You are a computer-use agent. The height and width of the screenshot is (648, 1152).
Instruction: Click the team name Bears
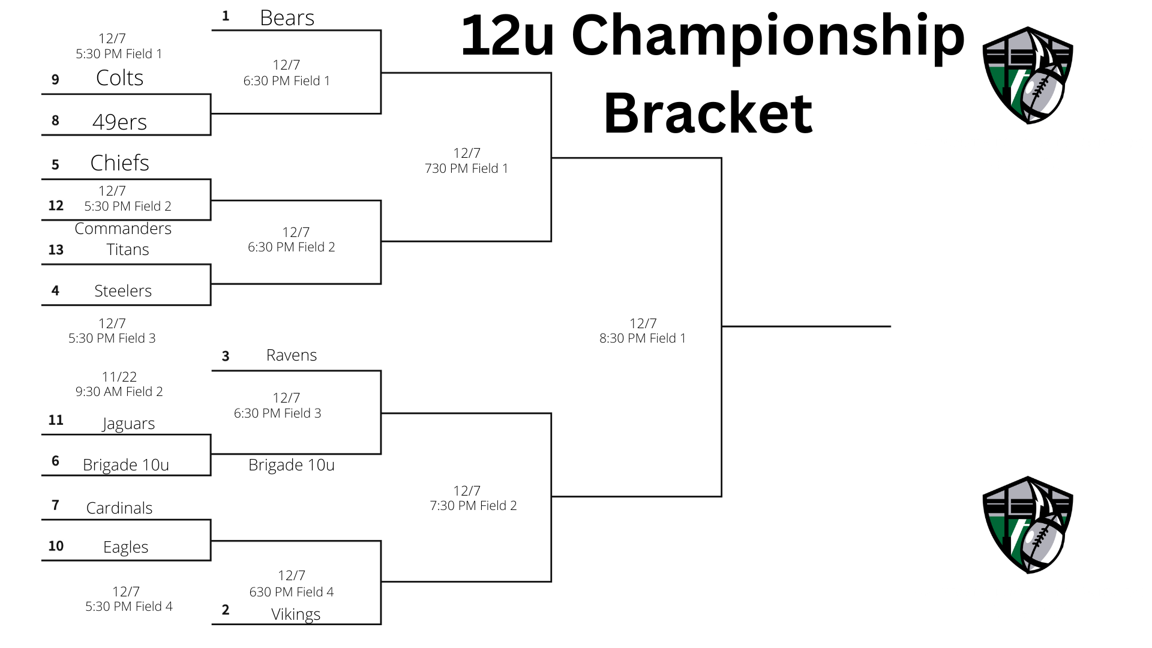click(x=287, y=18)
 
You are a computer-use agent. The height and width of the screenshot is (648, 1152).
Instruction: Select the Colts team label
click(x=119, y=78)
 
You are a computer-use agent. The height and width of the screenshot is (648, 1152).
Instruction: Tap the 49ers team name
click(x=119, y=122)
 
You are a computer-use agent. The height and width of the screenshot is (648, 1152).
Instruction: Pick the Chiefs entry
click(x=119, y=163)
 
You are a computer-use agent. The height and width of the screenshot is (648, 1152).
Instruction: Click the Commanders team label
click(x=123, y=229)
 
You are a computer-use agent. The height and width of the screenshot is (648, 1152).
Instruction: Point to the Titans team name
click(x=127, y=250)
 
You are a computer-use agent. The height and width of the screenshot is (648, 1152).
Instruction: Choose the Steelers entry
click(x=123, y=291)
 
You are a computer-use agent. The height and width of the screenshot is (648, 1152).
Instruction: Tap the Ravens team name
click(x=291, y=355)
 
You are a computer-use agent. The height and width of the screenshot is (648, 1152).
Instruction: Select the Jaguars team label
click(x=128, y=424)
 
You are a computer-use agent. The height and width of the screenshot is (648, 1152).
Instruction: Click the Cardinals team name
click(x=119, y=508)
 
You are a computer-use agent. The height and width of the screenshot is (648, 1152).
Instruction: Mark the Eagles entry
click(x=125, y=547)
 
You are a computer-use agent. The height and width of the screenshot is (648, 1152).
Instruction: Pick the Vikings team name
click(x=296, y=614)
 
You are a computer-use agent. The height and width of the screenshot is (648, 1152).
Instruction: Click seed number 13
click(x=56, y=250)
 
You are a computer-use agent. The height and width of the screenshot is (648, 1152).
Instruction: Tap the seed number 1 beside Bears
click(x=226, y=16)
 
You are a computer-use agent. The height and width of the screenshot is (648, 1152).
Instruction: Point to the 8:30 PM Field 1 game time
click(x=643, y=338)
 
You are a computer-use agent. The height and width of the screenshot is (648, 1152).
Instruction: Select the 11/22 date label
click(x=119, y=377)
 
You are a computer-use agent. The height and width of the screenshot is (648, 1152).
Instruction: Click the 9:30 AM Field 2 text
click(x=119, y=392)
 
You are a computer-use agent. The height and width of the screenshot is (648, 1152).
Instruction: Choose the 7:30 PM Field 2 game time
click(x=473, y=506)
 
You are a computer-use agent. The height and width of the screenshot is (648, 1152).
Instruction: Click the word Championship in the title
click(x=768, y=36)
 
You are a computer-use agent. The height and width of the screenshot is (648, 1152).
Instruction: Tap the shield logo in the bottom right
click(x=1027, y=525)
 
